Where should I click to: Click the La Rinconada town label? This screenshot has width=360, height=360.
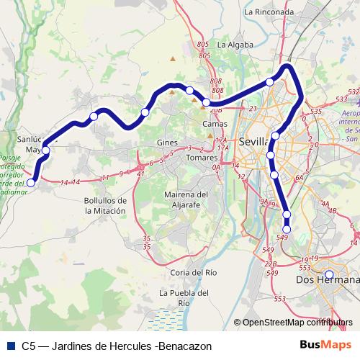pyautogui.click(x=269, y=12)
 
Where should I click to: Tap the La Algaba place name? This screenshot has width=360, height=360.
pyautogui.click(x=235, y=45)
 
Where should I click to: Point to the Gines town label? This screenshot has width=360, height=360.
pyautogui.click(x=167, y=143)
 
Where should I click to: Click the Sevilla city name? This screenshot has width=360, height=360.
pyautogui.click(x=254, y=141)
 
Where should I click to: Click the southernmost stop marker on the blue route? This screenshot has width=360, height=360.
pyautogui.click(x=287, y=229)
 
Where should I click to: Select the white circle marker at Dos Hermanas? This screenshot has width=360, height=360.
pyautogui.click(x=329, y=274)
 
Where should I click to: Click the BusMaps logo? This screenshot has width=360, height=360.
pyautogui.click(x=330, y=346)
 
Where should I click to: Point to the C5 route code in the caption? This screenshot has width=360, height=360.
pyautogui.click(x=28, y=346)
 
